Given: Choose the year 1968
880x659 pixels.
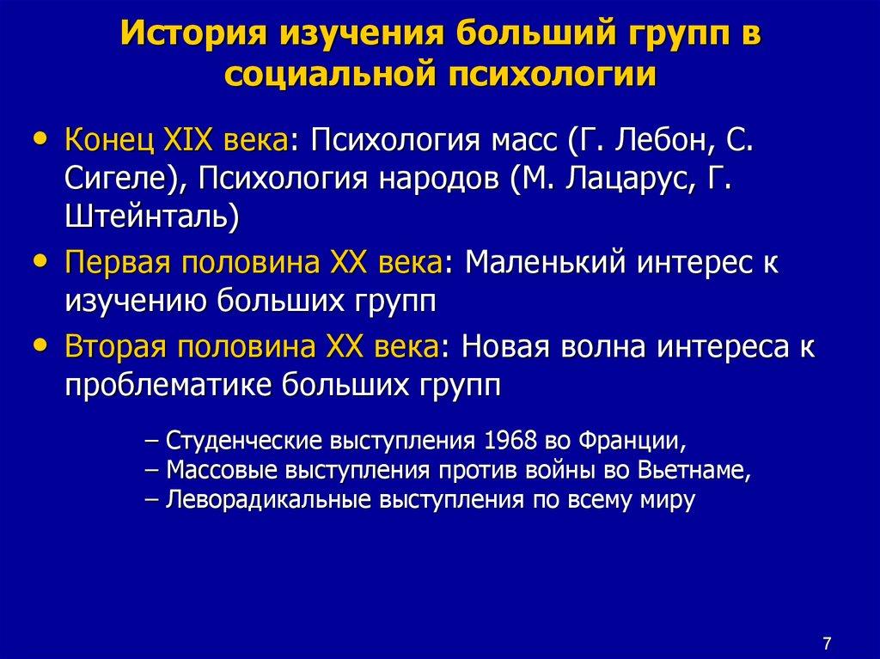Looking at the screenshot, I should (x=509, y=442).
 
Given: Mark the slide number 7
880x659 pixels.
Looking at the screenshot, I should (x=827, y=619).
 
